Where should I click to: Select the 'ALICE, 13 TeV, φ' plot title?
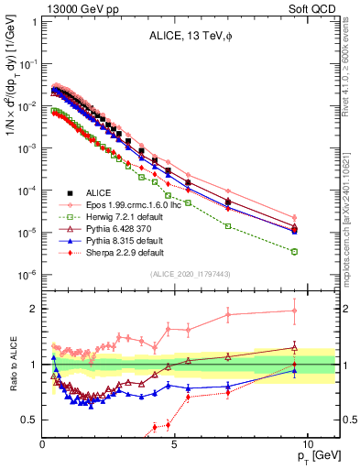pyautogui.click(x=188, y=38)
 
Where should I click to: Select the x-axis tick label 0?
pyautogui.click(x=43, y=443)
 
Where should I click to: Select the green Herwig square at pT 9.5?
pyautogui.click(x=294, y=251)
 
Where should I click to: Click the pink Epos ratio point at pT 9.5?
pyautogui.click(x=294, y=311)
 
